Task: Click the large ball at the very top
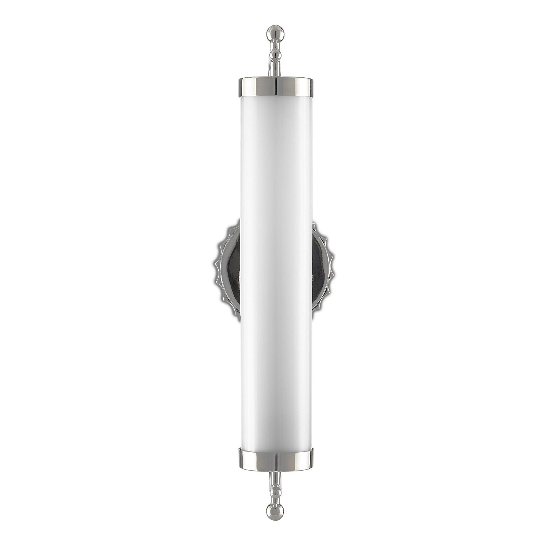coord(275,33)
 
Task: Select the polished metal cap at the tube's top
coord(276,87)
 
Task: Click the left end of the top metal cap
coord(241,87)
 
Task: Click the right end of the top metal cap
coord(310,87)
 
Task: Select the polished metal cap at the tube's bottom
coord(276,460)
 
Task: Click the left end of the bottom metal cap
coord(241,460)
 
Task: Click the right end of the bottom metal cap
coord(310,460)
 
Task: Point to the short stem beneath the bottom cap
coord(275,478)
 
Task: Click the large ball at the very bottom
coord(275,512)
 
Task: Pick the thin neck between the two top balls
coord(275,45)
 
